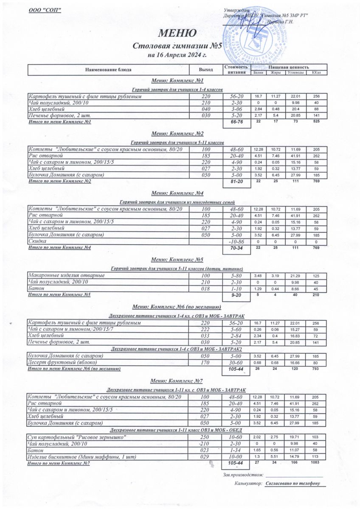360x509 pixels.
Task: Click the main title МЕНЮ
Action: [x=177, y=33]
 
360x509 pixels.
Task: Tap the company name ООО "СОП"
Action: [x=45, y=10]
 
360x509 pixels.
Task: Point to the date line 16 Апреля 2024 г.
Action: [x=177, y=55]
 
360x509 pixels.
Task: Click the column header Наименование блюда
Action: [x=108, y=69]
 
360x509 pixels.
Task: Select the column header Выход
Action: [x=206, y=69]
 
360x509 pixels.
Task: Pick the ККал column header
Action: [x=316, y=73]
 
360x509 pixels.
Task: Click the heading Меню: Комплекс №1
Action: [x=177, y=81]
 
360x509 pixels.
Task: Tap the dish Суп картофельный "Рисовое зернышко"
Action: [x=77, y=437]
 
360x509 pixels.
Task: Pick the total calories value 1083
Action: [x=316, y=464]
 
